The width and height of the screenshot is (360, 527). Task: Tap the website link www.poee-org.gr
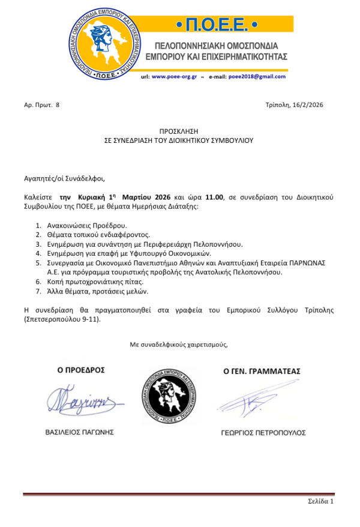174,77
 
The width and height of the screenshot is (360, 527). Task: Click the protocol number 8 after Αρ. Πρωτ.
58,104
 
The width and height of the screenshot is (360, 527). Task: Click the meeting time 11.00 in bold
214,197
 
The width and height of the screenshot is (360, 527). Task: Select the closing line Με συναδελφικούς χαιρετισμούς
179,344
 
